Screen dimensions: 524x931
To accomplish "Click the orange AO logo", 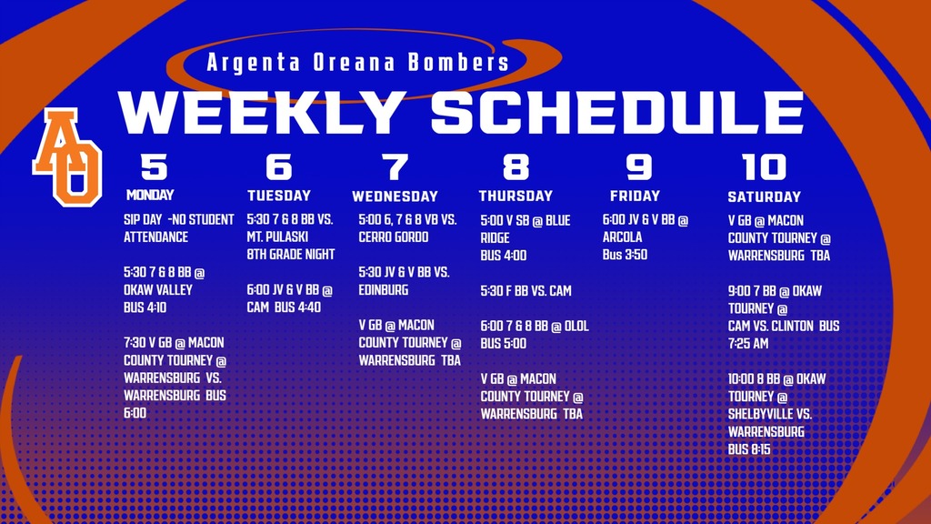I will (67, 156).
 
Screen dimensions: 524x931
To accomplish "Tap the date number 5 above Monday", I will (154, 167).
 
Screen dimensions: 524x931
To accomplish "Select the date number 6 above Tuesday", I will (279, 167).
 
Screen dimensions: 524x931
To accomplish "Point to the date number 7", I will (395, 167).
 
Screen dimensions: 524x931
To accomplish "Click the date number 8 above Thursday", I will (516, 167).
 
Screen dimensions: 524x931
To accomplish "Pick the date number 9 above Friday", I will (639, 167).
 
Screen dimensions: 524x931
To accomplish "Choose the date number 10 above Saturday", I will (764, 167).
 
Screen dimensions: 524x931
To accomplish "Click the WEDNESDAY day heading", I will (395, 196).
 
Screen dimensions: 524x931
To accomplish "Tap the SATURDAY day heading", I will (764, 196).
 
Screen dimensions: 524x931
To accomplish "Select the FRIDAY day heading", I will (635, 196).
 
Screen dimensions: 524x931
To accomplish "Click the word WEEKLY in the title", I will (262, 114).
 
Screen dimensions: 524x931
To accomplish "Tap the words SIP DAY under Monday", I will (143, 220).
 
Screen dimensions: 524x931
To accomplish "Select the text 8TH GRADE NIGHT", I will (291, 255).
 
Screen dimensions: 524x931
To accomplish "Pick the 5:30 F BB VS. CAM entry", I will (526, 291).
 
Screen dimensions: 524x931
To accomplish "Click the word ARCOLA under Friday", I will (622, 237).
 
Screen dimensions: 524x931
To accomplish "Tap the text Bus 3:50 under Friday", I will (625, 256).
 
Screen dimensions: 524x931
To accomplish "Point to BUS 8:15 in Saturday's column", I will (749, 448).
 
